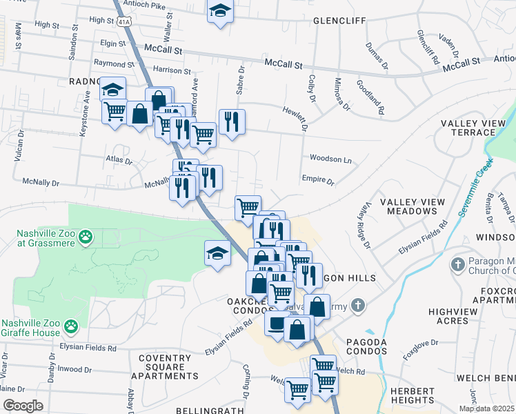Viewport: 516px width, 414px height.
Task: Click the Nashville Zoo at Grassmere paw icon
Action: pyautogui.click(x=85, y=237)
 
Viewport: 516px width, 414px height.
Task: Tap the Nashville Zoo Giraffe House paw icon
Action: pyautogui.click(x=71, y=325)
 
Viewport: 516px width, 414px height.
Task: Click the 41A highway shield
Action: pyautogui.click(x=124, y=22)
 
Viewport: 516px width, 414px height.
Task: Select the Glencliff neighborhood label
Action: pyautogui.click(x=339, y=21)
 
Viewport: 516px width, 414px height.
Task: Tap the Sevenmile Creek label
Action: pyautogui.click(x=477, y=186)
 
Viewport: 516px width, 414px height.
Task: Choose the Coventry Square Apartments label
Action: pyautogui.click(x=164, y=367)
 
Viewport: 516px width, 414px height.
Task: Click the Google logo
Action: pyautogui.click(x=23, y=406)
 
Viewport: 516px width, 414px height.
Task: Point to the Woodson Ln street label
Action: pyautogui.click(x=330, y=159)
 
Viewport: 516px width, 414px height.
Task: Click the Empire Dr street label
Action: pyautogui.click(x=317, y=180)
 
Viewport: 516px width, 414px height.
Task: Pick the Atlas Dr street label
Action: pyautogui.click(x=118, y=160)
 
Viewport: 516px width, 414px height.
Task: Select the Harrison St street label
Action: pyautogui.click(x=172, y=70)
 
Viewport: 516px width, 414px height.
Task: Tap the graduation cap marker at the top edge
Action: pyautogui.click(x=220, y=10)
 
